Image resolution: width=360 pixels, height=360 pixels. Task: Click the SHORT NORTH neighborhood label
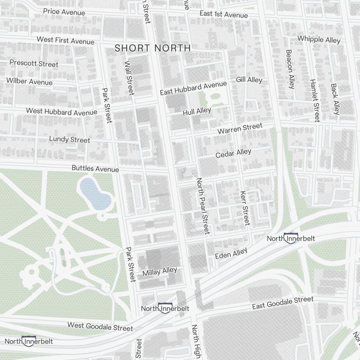(153, 48)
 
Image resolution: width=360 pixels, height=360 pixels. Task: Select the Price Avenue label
(64, 12)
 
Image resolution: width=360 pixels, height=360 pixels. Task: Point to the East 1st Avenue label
(224, 14)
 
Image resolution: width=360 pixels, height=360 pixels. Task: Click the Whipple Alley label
(319, 39)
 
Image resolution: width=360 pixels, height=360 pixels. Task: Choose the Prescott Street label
(34, 63)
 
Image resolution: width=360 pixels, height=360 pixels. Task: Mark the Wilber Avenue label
(29, 81)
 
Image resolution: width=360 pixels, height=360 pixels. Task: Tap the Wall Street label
(129, 78)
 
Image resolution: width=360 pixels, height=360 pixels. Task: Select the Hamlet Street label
(314, 100)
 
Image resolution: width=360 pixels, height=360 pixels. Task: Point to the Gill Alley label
(249, 80)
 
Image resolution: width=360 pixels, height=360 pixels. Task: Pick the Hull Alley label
(197, 112)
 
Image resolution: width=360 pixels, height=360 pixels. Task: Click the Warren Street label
(240, 128)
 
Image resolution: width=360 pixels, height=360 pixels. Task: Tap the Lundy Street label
(69, 139)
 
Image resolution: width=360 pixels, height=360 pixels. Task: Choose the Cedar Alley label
(233, 154)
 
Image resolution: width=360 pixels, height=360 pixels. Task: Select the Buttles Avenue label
(95, 168)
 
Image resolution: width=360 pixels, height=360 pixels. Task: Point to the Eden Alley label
(231, 253)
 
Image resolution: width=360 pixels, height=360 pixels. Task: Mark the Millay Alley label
(159, 271)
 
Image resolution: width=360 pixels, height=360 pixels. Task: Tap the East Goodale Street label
(283, 303)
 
